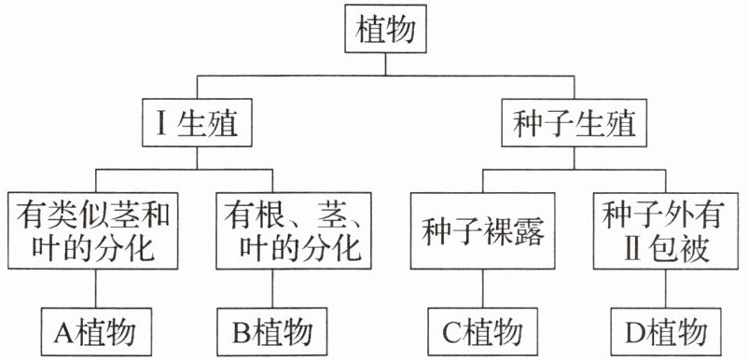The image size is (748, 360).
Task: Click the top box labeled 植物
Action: [385, 29]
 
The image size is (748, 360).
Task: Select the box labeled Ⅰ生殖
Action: [197, 122]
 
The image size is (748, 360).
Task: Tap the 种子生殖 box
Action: [574, 122]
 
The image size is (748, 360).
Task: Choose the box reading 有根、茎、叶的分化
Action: [294, 230]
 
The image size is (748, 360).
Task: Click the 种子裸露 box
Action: [483, 230]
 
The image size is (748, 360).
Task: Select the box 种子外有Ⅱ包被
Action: [666, 230]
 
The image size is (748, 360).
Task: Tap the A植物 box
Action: [96, 332]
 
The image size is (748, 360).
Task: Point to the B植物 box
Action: [272, 332]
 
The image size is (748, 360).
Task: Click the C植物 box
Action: [483, 332]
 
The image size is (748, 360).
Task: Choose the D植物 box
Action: [666, 332]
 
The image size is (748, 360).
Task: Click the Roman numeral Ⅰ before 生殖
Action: [160, 123]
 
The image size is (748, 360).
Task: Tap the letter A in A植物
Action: [64, 332]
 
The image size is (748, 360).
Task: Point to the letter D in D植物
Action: [634, 332]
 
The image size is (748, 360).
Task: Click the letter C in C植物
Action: [450, 332]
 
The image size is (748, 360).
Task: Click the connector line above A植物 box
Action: [96, 288]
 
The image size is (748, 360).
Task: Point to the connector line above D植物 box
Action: [666, 288]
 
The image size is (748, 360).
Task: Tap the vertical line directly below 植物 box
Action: [385, 64]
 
